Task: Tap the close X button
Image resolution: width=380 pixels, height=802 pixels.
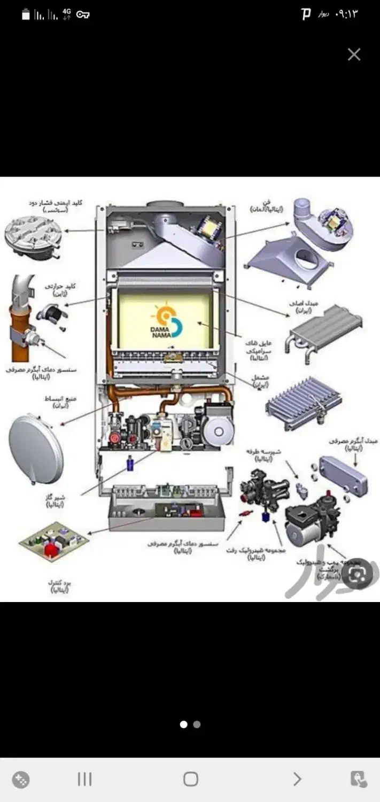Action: coord(354,55)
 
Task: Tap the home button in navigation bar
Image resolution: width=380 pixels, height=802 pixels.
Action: coord(190,779)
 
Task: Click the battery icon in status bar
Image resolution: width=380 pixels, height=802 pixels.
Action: coord(26,14)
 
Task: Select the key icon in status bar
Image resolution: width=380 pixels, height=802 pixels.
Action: coord(83,14)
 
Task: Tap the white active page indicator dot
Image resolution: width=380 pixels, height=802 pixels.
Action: coord(183,724)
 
